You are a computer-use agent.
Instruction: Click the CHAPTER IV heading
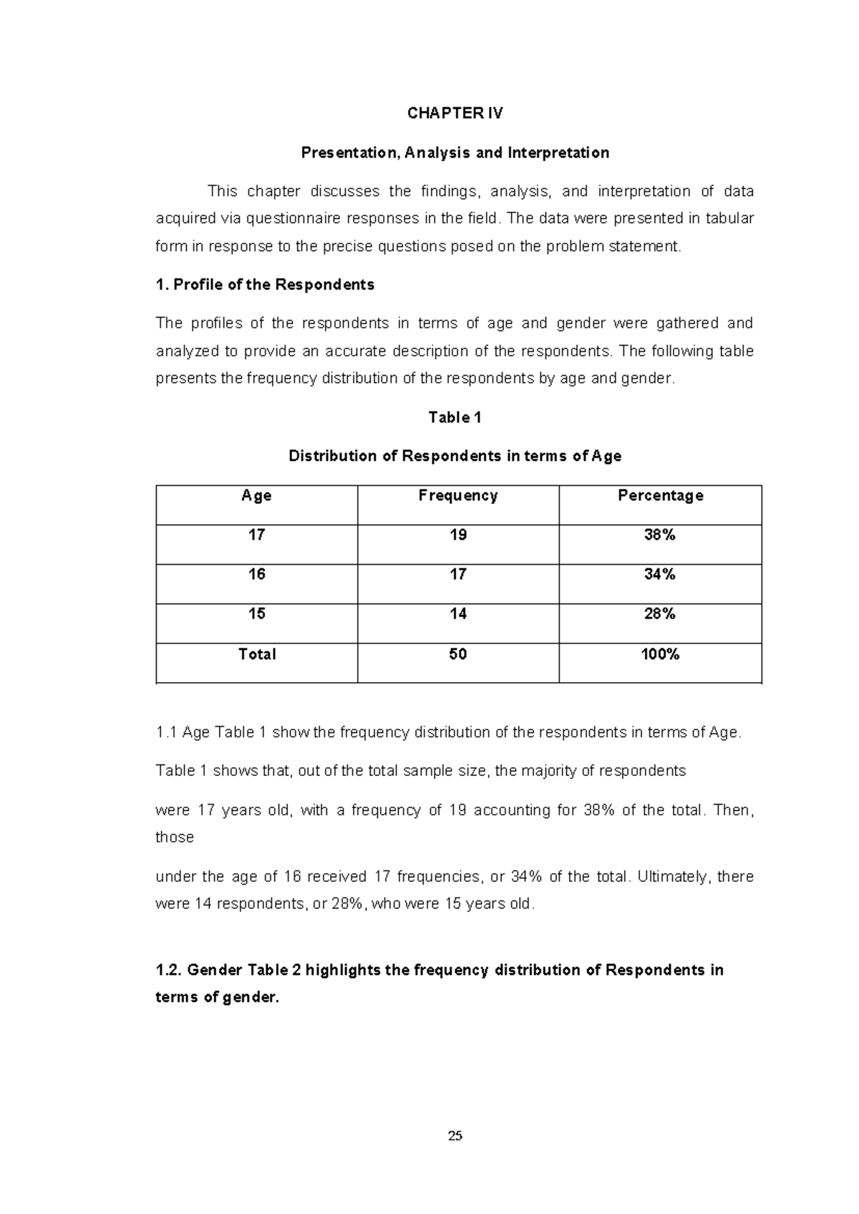(455, 113)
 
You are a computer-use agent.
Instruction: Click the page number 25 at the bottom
(455, 1135)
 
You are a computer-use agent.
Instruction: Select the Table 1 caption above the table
(455, 417)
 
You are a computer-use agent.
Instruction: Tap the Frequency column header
(458, 495)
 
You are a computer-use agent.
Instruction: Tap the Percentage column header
(660, 495)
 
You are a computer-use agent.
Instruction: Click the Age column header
(256, 495)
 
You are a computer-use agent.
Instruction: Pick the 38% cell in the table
(659, 535)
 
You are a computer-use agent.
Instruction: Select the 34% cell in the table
(659, 574)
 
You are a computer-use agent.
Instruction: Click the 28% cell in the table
(659, 613)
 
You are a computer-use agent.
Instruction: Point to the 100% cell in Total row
(659, 654)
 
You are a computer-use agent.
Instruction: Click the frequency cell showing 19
(458, 535)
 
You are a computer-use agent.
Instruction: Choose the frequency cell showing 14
(458, 613)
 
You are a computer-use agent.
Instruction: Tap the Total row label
(256, 654)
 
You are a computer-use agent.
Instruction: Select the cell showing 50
(458, 654)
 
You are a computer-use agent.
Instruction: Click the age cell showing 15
(256, 613)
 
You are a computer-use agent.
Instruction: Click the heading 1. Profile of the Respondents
(265, 285)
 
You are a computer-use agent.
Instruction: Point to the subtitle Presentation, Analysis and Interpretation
(455, 152)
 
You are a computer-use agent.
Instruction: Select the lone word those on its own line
(175, 837)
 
